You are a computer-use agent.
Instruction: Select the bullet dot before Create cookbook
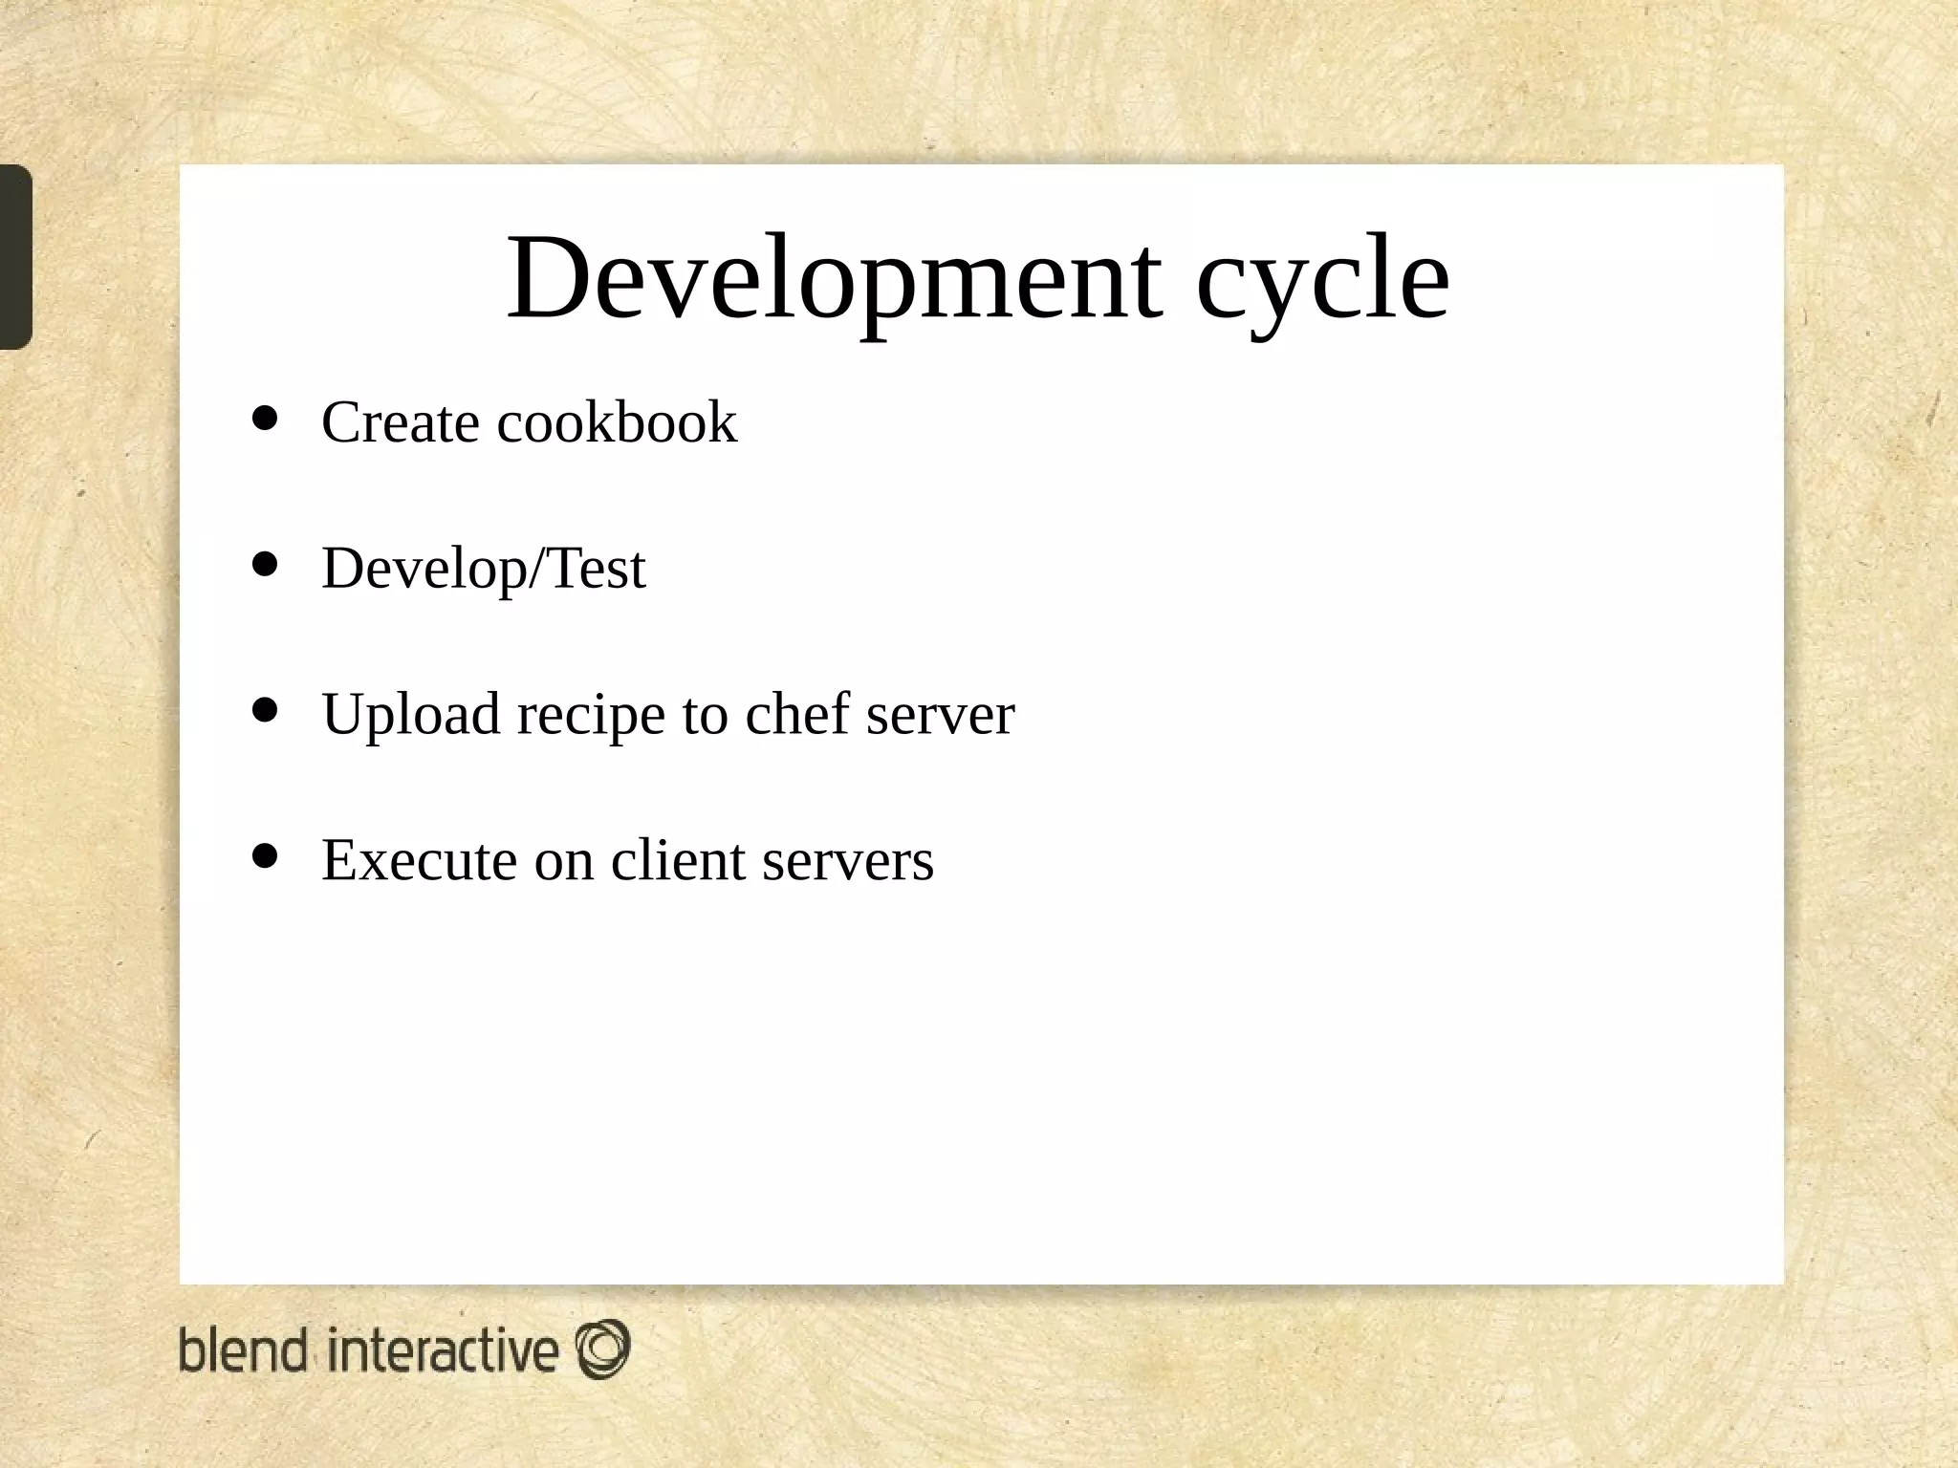click(264, 418)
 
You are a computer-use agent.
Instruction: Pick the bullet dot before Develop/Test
click(264, 564)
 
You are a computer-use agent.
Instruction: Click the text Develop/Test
click(484, 570)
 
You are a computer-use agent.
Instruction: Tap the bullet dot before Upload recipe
click(264, 710)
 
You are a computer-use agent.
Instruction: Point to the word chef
click(796, 714)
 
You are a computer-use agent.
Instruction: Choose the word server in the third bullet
click(940, 716)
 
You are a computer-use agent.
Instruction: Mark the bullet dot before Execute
click(264, 855)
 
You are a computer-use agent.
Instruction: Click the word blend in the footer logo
click(244, 1350)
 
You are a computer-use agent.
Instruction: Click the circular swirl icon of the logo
click(602, 1349)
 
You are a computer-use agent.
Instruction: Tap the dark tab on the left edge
click(15, 256)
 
